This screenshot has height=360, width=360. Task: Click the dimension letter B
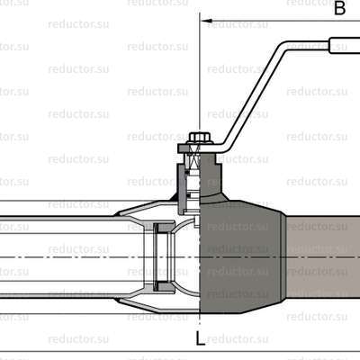(x=340, y=9)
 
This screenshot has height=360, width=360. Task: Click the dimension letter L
(x=199, y=338)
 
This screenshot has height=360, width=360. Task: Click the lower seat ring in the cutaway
(x=165, y=286)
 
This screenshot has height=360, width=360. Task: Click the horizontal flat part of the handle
(x=306, y=41)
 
